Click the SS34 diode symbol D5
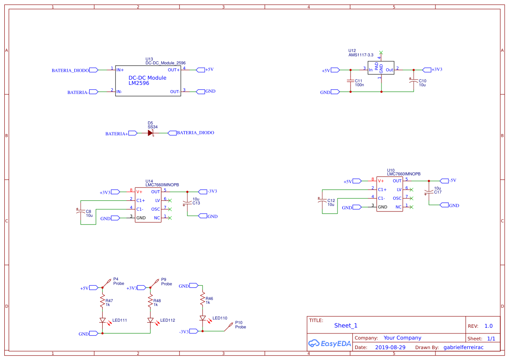click(x=151, y=133)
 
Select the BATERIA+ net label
click(x=117, y=134)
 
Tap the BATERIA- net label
click(x=78, y=92)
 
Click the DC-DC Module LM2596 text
click(x=147, y=81)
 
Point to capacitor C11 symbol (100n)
click(x=350, y=81)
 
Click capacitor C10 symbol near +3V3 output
click(x=413, y=81)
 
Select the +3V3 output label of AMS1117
click(x=437, y=70)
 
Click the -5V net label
click(x=452, y=181)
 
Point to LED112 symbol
click(x=150, y=320)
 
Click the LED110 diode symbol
click(x=202, y=318)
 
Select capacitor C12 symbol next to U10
click(x=322, y=201)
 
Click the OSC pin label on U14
click(x=155, y=209)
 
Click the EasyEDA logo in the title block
click(x=329, y=343)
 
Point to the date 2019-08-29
click(x=390, y=347)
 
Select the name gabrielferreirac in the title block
click(x=463, y=347)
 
